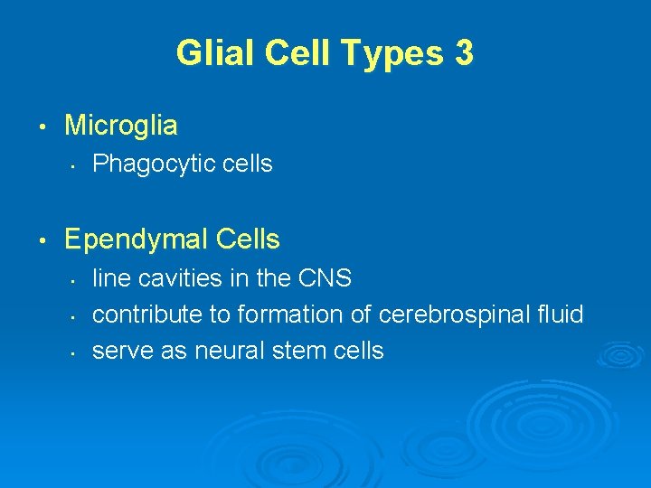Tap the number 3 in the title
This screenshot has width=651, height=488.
point(463,53)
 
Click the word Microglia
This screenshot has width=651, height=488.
point(121,126)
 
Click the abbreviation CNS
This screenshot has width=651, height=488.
point(324,277)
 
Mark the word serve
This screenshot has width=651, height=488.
point(119,351)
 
